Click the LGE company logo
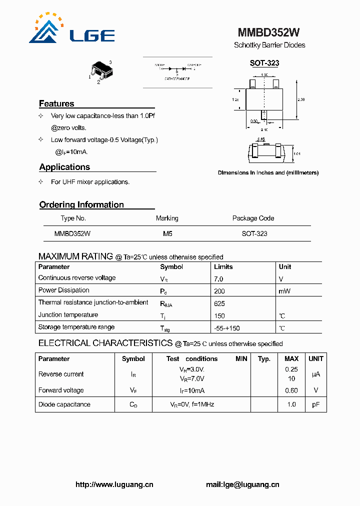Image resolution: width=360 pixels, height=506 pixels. tap(71, 30)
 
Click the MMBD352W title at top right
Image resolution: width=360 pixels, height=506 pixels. tap(268, 32)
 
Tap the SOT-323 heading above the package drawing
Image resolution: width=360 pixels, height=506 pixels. tap(264, 63)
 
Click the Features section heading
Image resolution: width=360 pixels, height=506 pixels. tap(56, 103)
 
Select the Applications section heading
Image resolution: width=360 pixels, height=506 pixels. tap(64, 167)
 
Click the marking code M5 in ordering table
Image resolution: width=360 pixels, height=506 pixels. tap(167, 233)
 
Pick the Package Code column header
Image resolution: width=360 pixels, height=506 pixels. tap(253, 218)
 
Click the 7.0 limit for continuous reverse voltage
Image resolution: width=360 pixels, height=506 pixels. tap(218, 278)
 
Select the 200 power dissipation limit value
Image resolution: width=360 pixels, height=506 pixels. tap(219, 291)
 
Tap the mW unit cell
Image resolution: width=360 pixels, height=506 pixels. tap(284, 291)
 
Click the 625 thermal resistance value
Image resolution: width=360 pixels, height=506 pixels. tap(219, 303)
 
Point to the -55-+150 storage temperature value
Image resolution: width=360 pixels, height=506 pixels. tap(226, 328)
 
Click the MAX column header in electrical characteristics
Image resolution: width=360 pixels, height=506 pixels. tap(291, 358)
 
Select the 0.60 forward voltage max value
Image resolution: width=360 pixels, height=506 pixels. tap(291, 390)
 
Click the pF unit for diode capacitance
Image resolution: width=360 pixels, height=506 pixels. tap(316, 404)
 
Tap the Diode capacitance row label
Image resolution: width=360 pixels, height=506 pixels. tap(64, 404)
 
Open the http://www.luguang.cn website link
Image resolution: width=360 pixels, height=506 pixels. tap(114, 484)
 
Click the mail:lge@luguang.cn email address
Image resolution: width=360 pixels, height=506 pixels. tap(242, 484)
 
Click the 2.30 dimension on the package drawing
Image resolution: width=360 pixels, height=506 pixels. tap(301, 100)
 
